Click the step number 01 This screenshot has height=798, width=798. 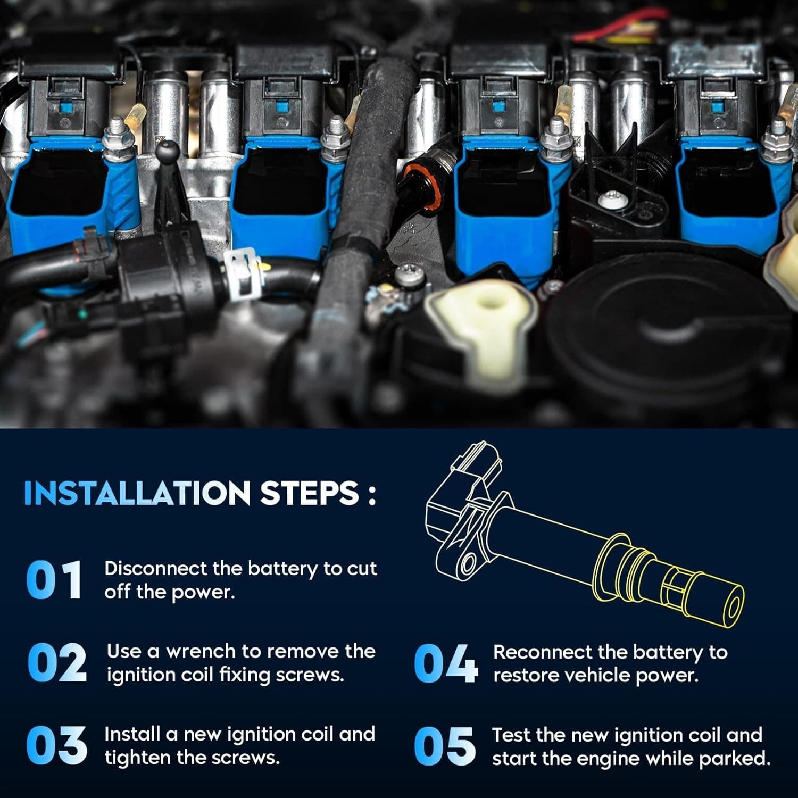point(54,580)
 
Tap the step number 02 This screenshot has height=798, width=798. point(56,662)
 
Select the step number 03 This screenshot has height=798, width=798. point(56,745)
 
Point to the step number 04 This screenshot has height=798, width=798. point(445,663)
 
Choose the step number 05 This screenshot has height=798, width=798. point(445,746)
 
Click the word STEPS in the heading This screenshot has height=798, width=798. point(309,493)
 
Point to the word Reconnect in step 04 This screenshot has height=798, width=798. point(542,652)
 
